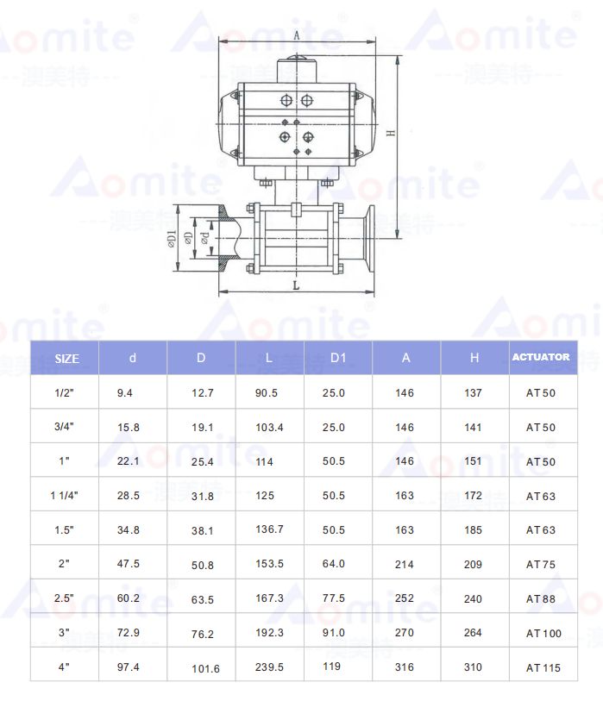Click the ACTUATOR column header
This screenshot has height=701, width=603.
pos(541,357)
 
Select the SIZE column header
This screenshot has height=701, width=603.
pos(66,359)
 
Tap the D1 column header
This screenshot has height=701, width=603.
pos(338,358)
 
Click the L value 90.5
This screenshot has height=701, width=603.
pos(267,393)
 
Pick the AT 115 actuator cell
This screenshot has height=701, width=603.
pos(543,668)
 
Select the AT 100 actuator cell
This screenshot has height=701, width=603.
pos(543,634)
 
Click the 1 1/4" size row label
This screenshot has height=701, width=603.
pos(64,495)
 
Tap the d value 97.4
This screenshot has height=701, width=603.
pos(129,667)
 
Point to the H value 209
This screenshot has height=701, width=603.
pos(473,564)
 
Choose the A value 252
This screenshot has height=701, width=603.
pos(405,598)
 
